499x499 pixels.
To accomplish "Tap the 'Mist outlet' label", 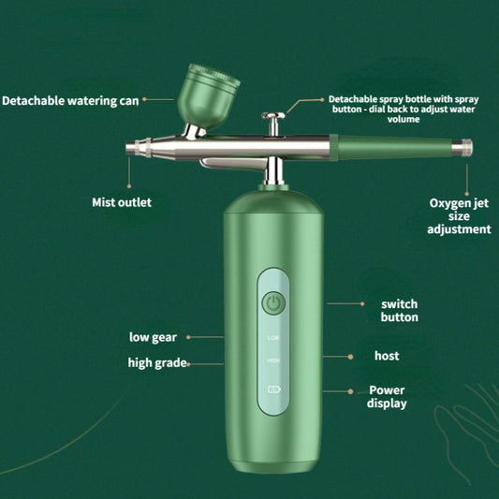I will (x=121, y=201).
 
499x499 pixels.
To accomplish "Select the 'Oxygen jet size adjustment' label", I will (x=459, y=215).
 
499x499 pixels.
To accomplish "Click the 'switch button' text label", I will (x=399, y=311).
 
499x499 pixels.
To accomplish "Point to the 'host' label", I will (x=387, y=356).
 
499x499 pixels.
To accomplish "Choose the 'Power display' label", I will (x=388, y=396).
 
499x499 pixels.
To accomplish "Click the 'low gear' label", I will (x=153, y=336).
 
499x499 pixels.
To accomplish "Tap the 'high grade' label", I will (x=157, y=362).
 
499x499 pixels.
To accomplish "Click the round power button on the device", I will (x=273, y=302).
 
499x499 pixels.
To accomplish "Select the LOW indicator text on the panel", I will (x=273, y=337).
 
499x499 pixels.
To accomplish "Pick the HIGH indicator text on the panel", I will (x=273, y=360).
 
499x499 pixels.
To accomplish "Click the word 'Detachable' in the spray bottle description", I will (x=355, y=98).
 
